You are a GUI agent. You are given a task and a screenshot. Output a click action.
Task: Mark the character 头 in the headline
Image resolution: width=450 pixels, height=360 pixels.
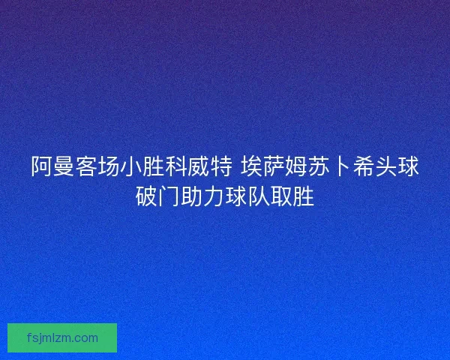[x=387, y=167]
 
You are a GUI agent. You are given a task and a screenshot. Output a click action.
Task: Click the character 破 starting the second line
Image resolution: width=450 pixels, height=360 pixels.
[x=146, y=196]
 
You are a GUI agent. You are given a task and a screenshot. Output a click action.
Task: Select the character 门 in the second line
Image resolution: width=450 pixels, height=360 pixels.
[x=169, y=196]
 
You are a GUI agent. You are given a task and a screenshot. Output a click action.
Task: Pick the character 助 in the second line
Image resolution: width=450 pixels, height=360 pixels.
[x=191, y=196]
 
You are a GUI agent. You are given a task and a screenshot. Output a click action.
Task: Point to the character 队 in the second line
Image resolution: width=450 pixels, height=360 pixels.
[x=259, y=196]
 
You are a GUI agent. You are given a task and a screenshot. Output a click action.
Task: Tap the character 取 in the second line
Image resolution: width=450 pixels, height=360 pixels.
[x=281, y=196]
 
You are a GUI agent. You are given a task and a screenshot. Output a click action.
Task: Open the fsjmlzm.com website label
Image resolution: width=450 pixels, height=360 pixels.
[x=62, y=337]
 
